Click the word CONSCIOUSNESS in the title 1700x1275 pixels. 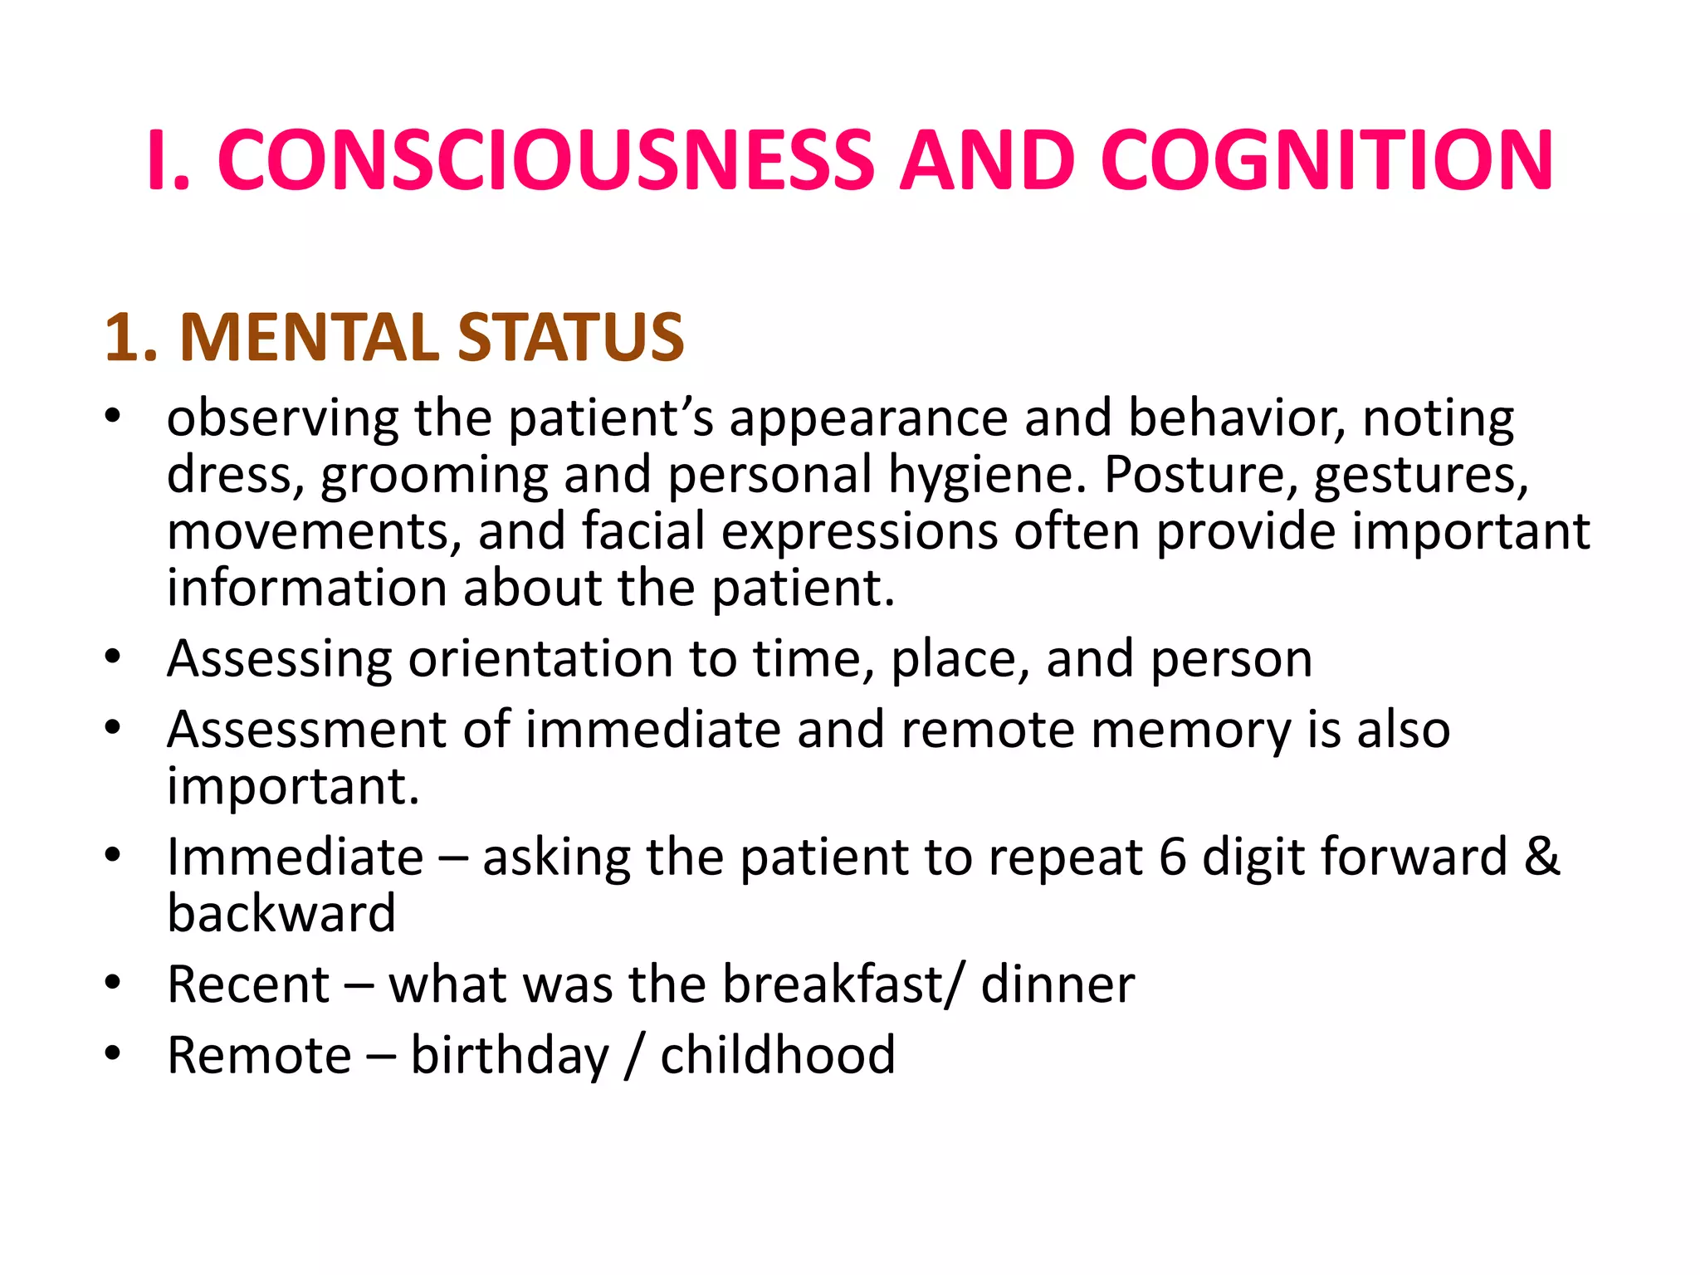[545, 160]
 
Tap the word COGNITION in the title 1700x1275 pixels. [1326, 160]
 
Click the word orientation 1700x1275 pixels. [540, 659]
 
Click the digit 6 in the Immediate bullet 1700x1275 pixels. [1172, 857]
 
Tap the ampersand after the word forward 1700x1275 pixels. [1541, 857]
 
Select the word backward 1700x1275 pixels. [281, 913]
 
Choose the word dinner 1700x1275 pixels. [1058, 984]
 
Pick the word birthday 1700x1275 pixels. [510, 1057]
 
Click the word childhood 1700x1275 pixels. [778, 1055]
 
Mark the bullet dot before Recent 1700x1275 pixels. [113, 984]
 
